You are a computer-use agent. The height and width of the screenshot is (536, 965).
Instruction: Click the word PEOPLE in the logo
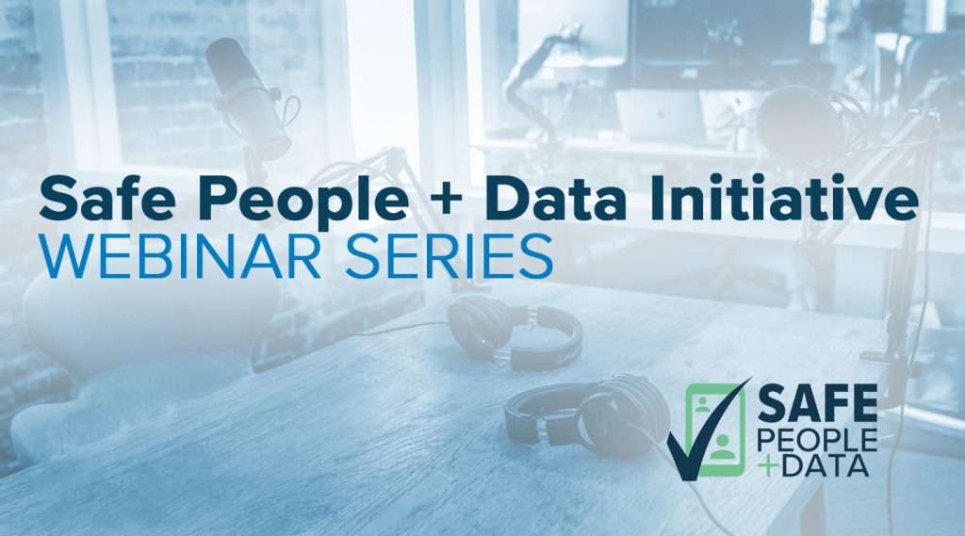coord(818,438)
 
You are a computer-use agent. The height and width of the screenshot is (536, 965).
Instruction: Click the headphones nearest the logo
coord(585,414)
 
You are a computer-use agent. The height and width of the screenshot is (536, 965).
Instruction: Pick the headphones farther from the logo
coord(514,330)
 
